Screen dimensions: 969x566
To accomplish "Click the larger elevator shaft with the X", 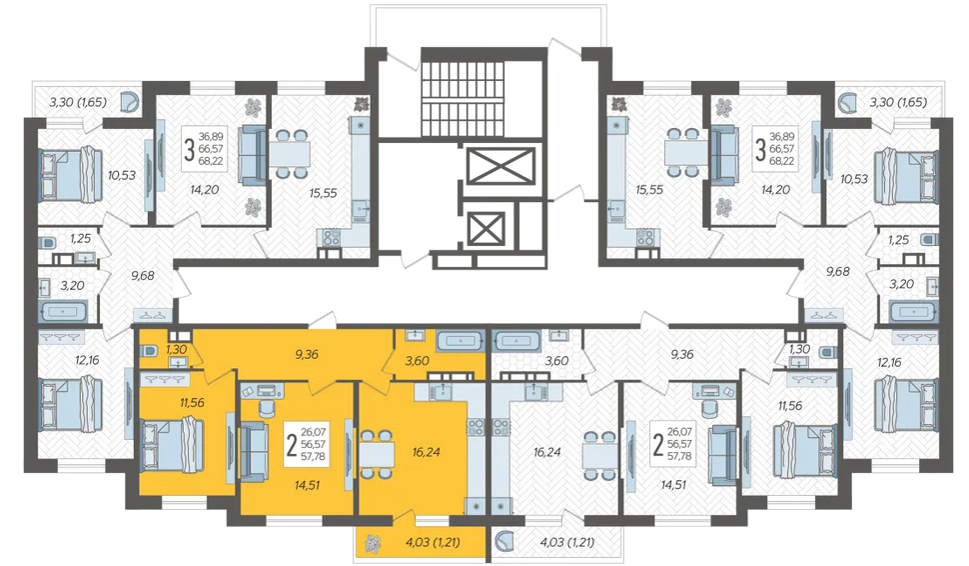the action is [x=500, y=166].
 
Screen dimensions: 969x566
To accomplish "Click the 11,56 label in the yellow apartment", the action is [x=192, y=403].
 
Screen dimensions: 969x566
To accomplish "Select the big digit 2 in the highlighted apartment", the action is [x=292, y=444].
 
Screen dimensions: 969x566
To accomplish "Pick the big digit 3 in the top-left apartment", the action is [x=189, y=149].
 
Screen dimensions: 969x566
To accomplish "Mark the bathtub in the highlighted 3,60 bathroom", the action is [x=460, y=340].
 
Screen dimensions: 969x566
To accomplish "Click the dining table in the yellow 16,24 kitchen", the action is [x=377, y=455].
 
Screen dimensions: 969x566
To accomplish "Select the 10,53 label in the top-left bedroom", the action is [x=121, y=175].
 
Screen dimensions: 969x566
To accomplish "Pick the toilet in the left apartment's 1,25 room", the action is [x=47, y=240].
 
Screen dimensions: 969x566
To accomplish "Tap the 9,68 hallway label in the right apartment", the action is [x=837, y=272].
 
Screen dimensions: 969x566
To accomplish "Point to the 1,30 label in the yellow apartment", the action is [x=176, y=349].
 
